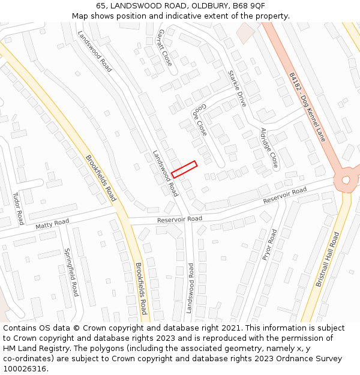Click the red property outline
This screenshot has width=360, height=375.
(184, 169)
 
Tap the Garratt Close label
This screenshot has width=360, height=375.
(164, 47)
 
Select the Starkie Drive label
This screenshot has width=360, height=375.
(238, 88)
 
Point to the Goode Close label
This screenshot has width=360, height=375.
(200, 119)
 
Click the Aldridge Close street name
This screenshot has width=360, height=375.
(269, 148)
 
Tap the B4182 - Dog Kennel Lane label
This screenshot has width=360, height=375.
(307, 107)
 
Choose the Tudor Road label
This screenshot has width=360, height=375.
(18, 208)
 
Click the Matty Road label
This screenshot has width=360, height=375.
(52, 224)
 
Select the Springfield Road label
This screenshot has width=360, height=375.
(71, 272)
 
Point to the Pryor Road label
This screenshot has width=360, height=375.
(269, 244)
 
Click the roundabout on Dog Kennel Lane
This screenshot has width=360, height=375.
(346, 180)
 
